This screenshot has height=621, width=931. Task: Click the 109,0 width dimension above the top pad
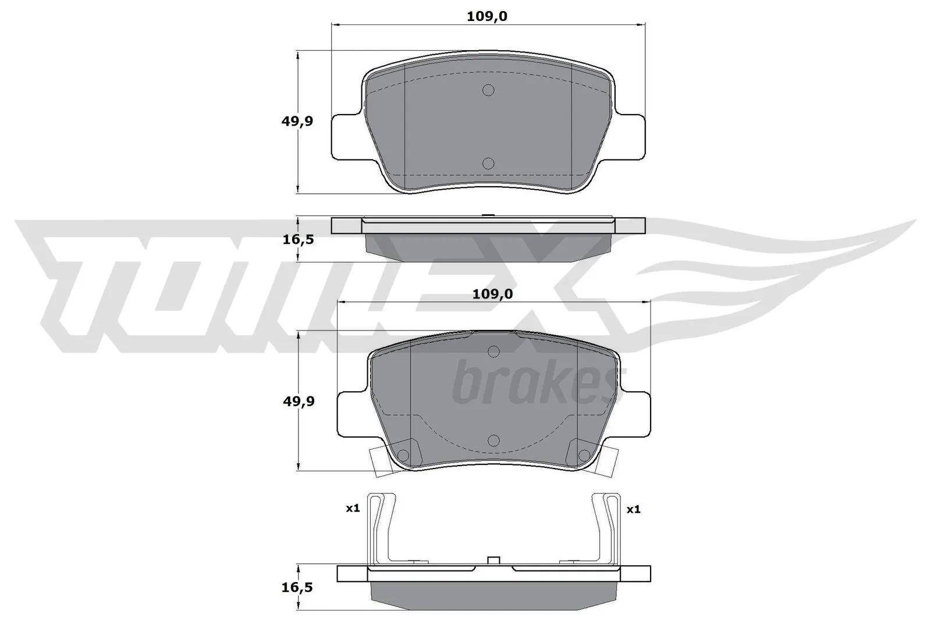487,16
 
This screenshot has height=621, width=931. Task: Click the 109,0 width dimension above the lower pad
492,294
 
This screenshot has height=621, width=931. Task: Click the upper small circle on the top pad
488,90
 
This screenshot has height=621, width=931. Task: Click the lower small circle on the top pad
488,164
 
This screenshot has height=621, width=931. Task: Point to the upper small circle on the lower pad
493,352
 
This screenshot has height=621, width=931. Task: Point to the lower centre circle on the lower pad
493,441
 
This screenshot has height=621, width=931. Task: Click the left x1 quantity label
353,508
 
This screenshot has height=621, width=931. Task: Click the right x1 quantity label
633,509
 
